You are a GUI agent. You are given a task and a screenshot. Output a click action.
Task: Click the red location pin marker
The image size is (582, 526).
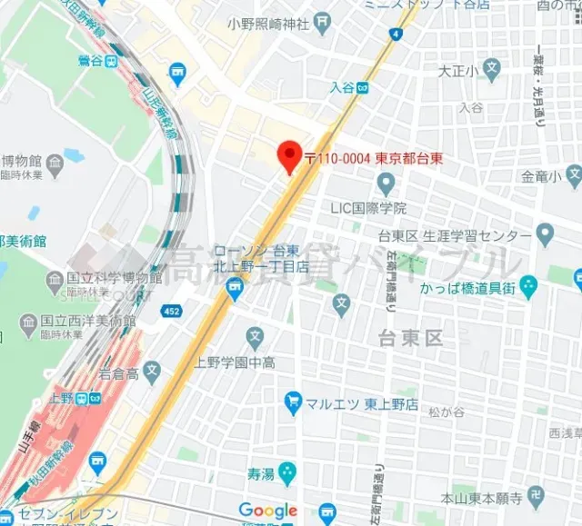289,155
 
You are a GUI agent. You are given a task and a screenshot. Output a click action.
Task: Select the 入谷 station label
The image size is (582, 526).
342,88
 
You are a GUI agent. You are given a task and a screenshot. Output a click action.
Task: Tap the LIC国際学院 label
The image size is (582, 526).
367,208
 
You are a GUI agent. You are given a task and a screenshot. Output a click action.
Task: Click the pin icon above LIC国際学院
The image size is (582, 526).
386,186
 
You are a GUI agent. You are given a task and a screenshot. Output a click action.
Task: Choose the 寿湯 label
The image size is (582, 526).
260,473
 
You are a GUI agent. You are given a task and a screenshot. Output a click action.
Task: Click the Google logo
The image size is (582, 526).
267,511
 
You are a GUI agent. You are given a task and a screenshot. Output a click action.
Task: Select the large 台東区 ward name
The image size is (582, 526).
410,338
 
